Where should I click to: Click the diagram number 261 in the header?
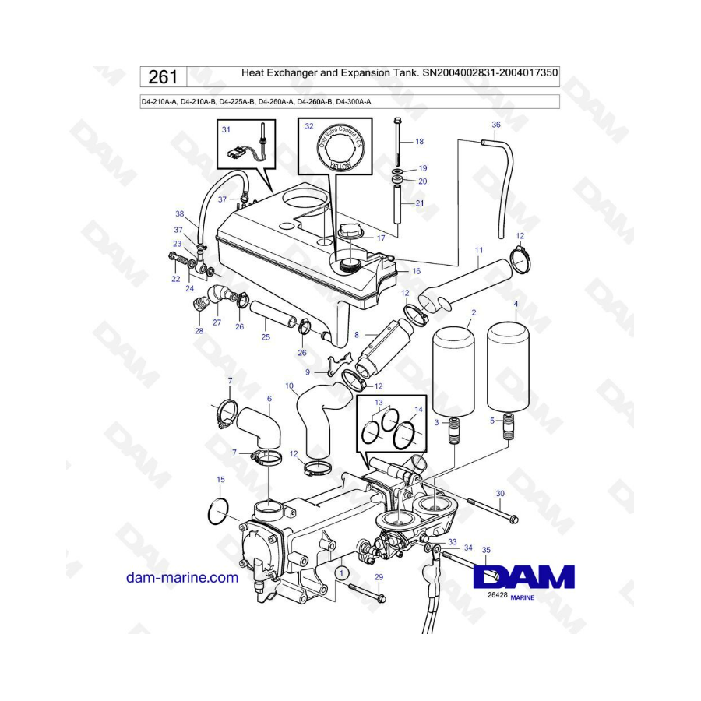[x=163, y=77]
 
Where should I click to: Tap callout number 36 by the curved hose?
[x=496, y=125]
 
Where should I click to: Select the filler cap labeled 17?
[x=353, y=231]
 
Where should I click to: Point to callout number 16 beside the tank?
[x=416, y=271]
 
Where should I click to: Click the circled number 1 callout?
[x=342, y=572]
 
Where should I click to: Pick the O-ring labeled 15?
[x=219, y=512]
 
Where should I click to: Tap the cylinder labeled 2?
[x=453, y=372]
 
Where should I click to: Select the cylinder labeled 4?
[x=507, y=365]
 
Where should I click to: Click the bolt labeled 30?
[x=492, y=511]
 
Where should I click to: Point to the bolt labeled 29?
[x=367, y=592]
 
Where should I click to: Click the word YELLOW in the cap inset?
[x=340, y=165]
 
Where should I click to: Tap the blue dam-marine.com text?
[x=182, y=578]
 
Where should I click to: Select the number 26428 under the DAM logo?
[x=497, y=595]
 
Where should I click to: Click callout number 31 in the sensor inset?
[x=226, y=129]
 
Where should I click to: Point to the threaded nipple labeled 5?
[x=509, y=426]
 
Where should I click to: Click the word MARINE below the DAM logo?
[x=522, y=597]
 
